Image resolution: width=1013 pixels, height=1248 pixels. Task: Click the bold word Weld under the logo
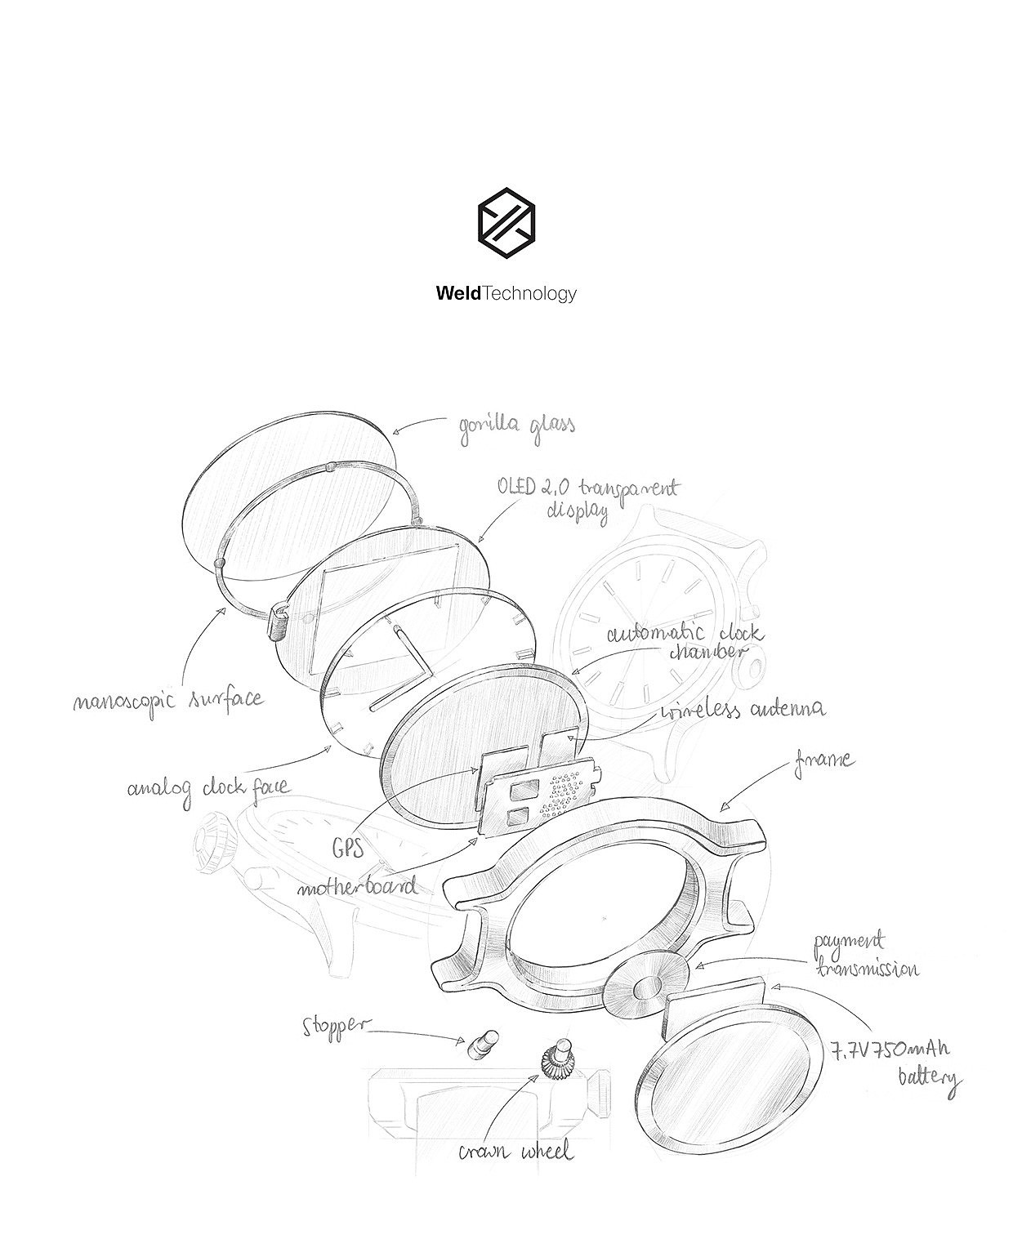click(x=459, y=294)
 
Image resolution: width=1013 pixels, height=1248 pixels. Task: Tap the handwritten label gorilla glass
click(x=515, y=426)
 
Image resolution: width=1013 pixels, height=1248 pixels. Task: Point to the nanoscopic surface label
click(x=167, y=700)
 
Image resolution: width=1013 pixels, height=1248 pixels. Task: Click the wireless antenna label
click(x=743, y=709)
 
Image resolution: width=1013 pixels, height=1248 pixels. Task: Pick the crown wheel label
click(x=515, y=1152)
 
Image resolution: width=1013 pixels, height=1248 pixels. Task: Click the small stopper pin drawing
click(x=481, y=1044)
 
